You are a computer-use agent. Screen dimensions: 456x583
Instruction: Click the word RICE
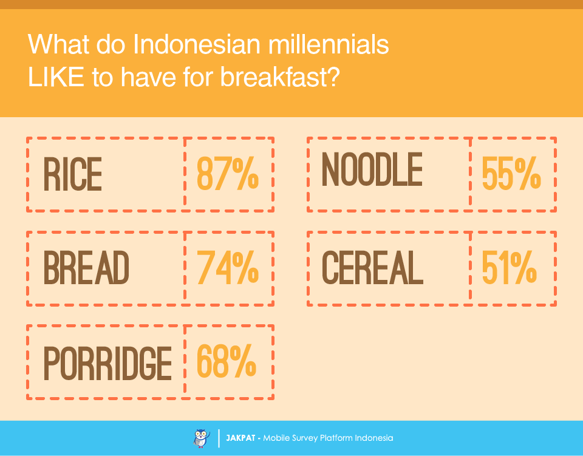pos(73,175)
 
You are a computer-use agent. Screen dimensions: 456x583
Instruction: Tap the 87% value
pos(228,175)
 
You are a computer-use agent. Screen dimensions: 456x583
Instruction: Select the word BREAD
pos(86,268)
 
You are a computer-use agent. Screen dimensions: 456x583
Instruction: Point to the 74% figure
pos(228,268)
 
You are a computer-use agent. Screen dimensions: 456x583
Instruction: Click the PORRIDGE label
pos(107,363)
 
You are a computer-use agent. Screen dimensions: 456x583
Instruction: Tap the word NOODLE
pos(372,170)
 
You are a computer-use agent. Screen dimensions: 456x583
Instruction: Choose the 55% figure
pos(511,175)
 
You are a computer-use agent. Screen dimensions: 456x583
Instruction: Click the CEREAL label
pos(372,268)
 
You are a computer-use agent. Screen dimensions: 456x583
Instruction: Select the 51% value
pos(509,268)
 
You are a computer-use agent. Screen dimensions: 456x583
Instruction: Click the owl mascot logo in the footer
pos(200,438)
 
